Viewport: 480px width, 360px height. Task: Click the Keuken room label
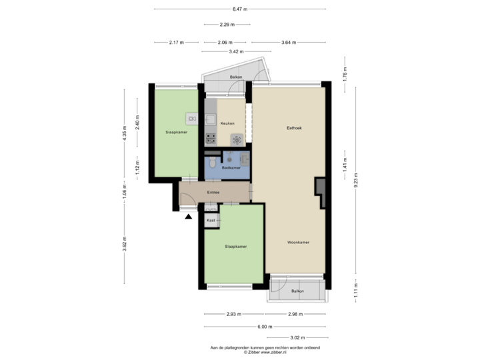coord(228,123)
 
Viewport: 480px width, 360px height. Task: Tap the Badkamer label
coord(231,168)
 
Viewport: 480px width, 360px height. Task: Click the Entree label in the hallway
coord(213,192)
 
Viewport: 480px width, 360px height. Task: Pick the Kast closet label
coord(211,219)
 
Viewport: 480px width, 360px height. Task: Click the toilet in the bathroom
coord(211,163)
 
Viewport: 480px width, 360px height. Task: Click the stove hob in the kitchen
coord(211,139)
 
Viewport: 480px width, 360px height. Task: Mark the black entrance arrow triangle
coord(189,215)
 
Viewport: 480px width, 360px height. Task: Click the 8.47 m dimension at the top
coord(240,9)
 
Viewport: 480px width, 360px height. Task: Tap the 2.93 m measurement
coord(233,313)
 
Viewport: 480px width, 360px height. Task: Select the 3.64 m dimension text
coord(289,42)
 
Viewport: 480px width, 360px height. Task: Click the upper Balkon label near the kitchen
coord(235,78)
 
